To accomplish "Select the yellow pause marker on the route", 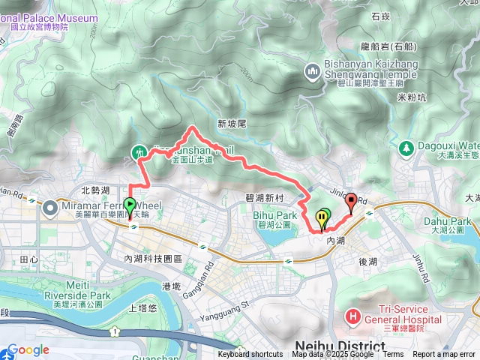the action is click(323, 218).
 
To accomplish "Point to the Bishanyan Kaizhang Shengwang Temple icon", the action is click(313, 71).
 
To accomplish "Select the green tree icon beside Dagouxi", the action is click(406, 148).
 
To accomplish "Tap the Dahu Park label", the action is click(455, 221).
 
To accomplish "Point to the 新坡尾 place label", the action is click(232, 123).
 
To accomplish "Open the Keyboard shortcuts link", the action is click(250, 355).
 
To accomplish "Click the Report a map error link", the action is click(445, 355).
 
